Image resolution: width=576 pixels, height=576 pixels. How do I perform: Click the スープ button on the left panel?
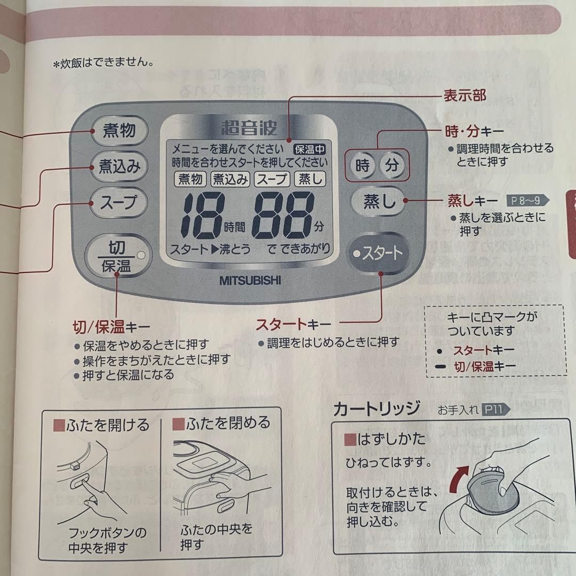(118, 203)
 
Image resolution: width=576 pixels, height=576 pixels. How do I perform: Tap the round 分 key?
(392, 165)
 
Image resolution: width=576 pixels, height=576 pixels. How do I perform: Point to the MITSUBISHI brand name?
(250, 279)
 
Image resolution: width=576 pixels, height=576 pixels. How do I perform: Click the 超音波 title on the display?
(249, 129)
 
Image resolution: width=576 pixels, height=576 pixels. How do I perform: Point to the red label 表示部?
(465, 95)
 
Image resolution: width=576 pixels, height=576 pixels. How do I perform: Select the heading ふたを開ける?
(101, 425)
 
